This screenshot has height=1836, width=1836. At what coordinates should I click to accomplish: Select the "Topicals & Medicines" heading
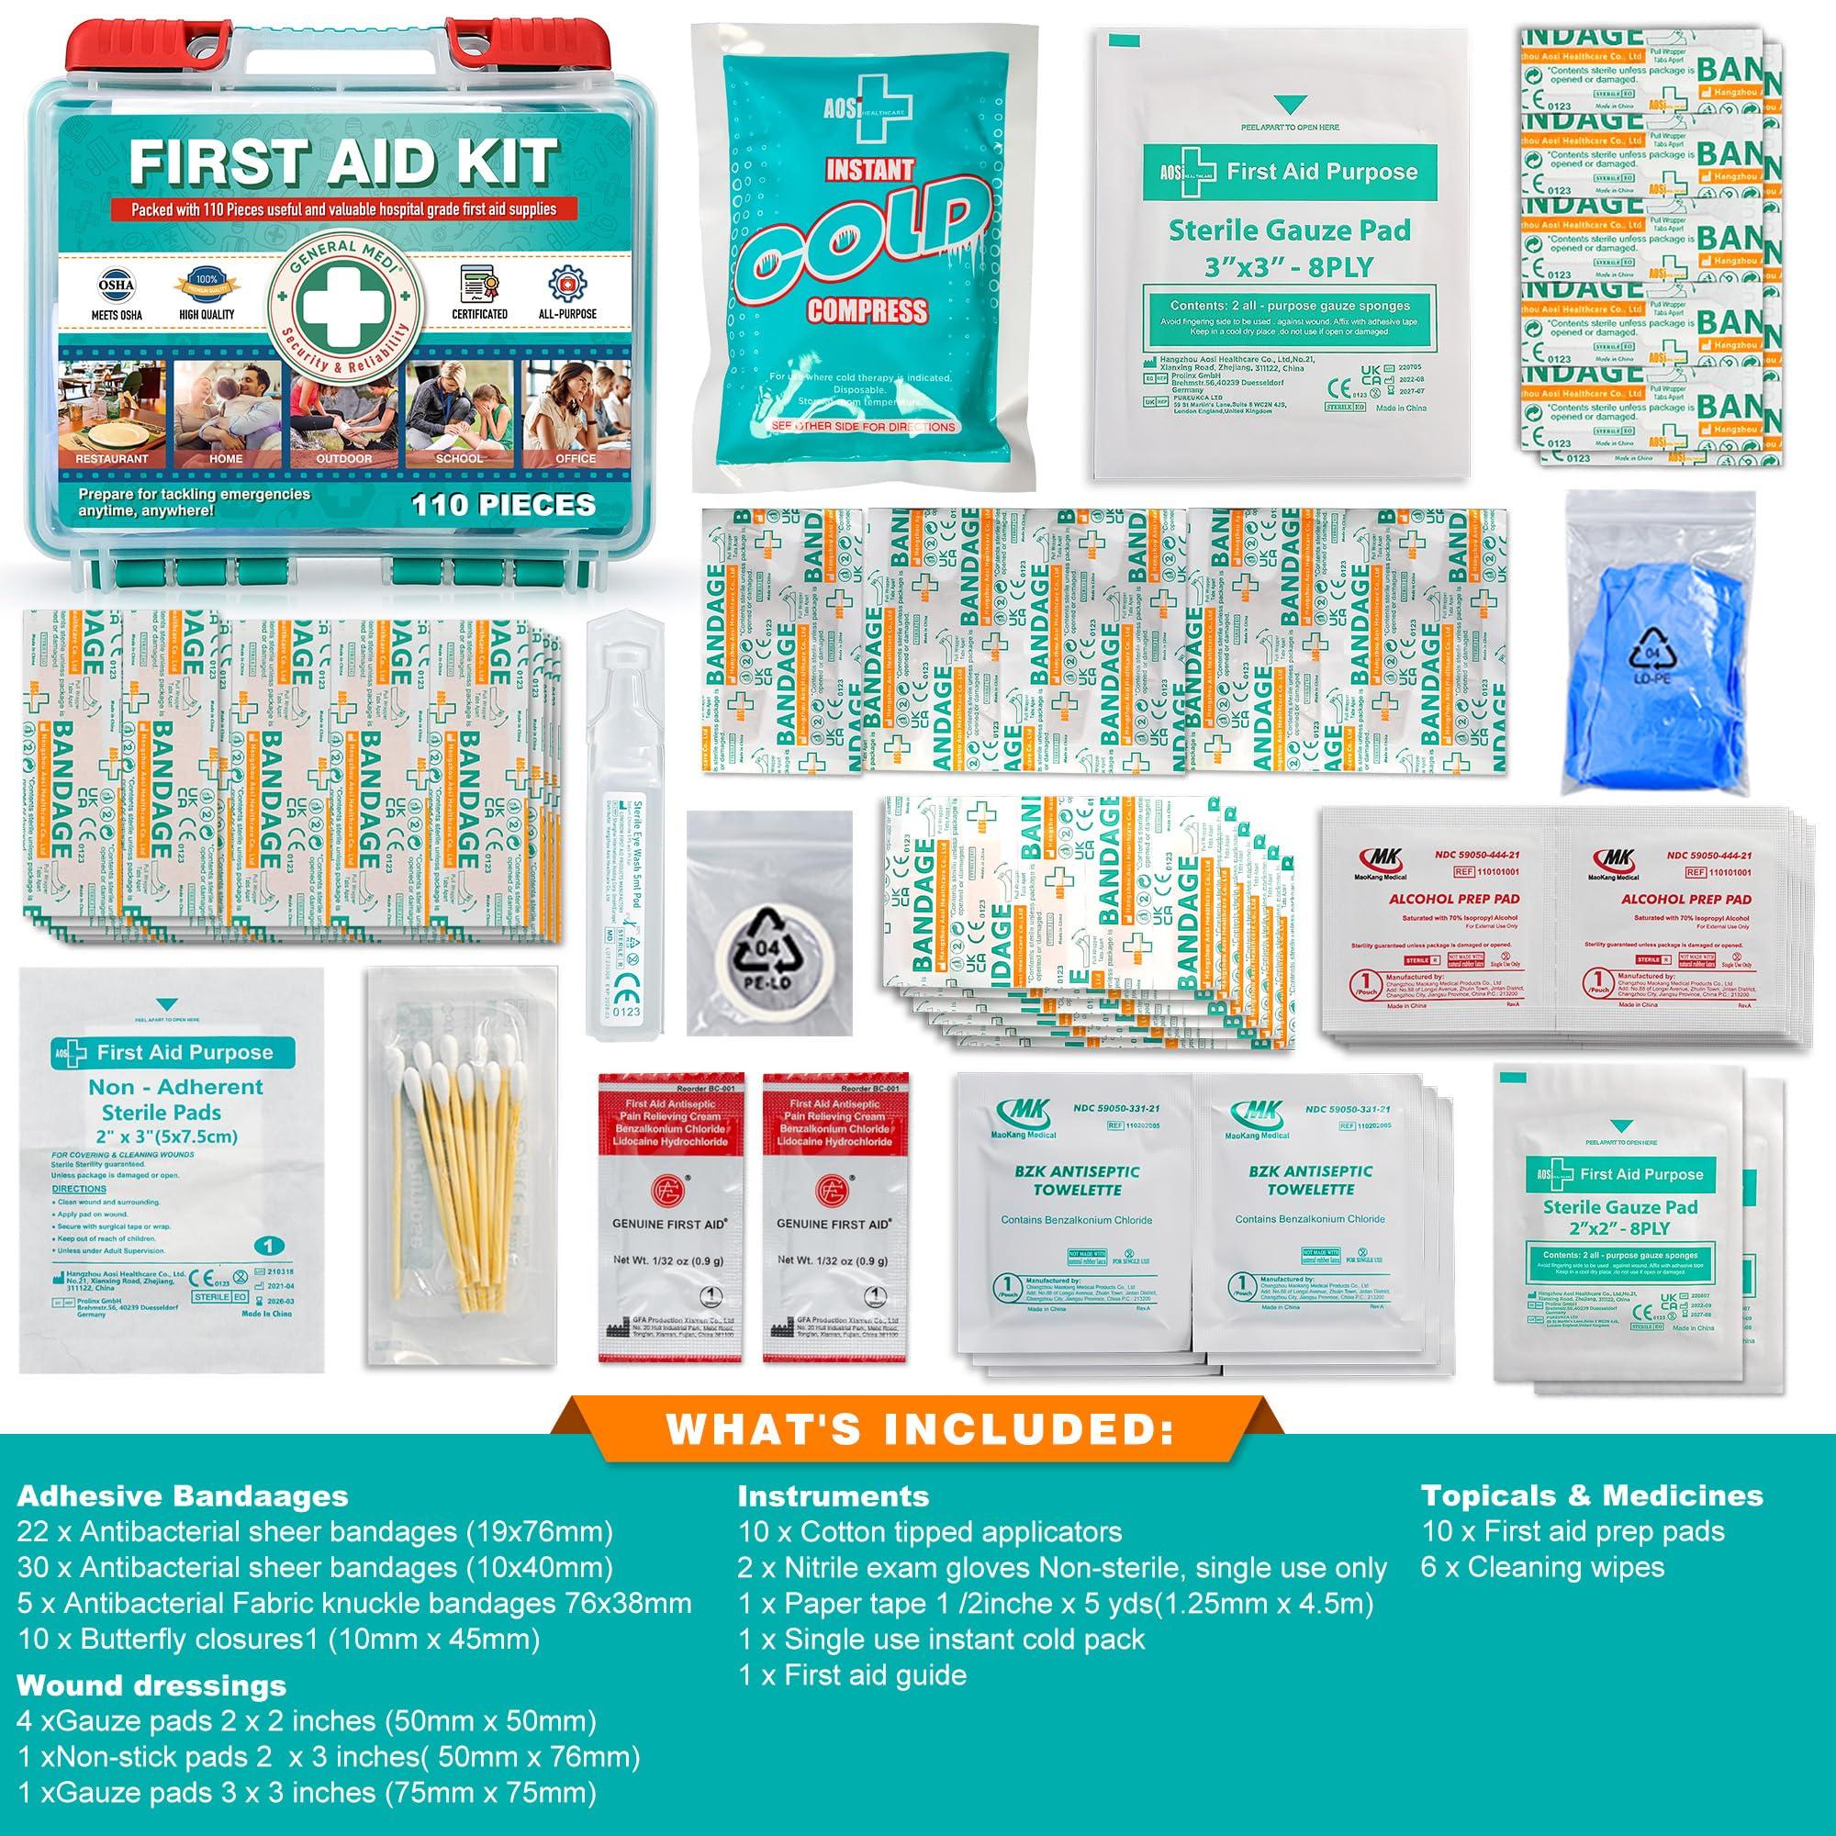point(1591,1522)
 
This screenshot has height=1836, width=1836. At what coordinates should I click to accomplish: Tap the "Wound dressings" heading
point(151,1685)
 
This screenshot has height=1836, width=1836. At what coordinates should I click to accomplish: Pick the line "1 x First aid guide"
point(853,1674)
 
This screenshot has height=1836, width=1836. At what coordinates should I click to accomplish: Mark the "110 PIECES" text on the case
point(504,504)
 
